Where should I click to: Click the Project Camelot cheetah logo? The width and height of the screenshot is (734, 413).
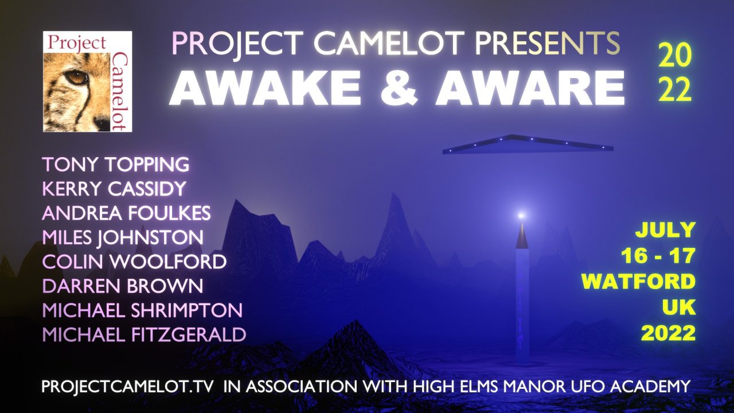(x=88, y=81)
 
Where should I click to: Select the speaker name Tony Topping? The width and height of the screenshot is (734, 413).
(x=116, y=164)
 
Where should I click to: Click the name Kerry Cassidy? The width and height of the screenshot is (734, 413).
(x=114, y=189)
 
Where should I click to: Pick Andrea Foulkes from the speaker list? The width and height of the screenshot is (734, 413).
(x=126, y=213)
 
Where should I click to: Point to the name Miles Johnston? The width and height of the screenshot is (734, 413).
(x=123, y=237)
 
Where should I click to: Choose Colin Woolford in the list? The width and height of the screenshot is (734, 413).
(x=134, y=262)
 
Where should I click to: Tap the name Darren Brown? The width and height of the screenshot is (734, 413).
(x=123, y=286)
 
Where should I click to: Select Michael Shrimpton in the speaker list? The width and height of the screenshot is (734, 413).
(x=142, y=310)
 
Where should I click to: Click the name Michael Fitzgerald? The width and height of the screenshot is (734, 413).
(x=144, y=334)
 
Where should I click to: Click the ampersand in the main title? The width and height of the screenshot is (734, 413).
(x=399, y=88)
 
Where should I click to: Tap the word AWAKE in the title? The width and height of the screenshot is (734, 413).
(x=265, y=88)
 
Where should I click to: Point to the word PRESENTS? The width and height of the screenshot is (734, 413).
(x=547, y=43)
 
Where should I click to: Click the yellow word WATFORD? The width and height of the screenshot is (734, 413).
(x=639, y=282)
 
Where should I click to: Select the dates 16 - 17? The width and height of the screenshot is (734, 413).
(x=658, y=256)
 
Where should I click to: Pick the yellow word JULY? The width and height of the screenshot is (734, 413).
(x=666, y=230)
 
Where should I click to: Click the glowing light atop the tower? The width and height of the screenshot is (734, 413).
(x=521, y=215)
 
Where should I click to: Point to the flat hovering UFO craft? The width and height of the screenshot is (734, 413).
(x=528, y=144)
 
